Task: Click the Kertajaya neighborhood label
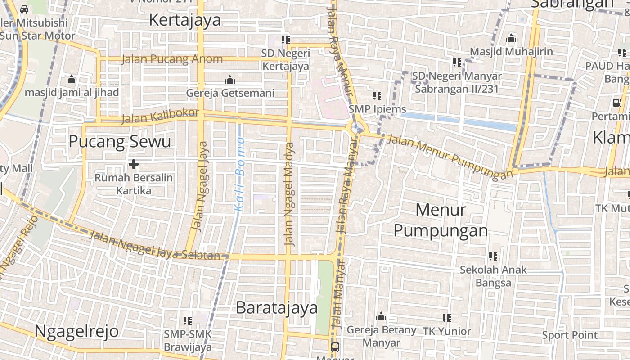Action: (x=185, y=20)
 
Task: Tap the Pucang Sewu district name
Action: (x=120, y=142)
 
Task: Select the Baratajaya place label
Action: (x=277, y=308)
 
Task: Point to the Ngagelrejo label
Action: (x=76, y=331)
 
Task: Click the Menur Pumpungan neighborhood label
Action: (x=441, y=220)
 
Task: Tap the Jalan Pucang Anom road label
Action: (x=172, y=59)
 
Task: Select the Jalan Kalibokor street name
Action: (x=160, y=116)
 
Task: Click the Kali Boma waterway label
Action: (x=240, y=180)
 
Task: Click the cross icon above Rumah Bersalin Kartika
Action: (x=133, y=164)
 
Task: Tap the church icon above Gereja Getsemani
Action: (x=230, y=80)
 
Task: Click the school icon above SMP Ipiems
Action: (x=377, y=95)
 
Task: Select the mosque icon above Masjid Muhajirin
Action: (x=511, y=39)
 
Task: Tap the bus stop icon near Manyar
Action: (x=335, y=347)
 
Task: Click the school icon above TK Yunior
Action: (x=447, y=318)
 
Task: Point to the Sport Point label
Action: (x=570, y=335)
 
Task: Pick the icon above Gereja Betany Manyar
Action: (x=381, y=317)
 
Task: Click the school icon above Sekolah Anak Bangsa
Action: (x=493, y=256)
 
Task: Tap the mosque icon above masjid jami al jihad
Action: (x=71, y=80)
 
